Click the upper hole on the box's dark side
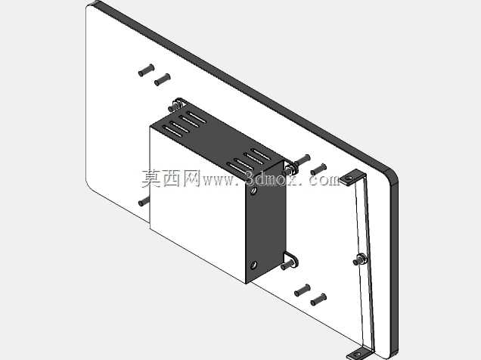click(x=253, y=191)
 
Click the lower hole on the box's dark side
click(x=253, y=265)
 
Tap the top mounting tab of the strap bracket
click(x=352, y=178)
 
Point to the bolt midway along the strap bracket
click(x=359, y=259)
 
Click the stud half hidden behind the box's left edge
click(x=144, y=201)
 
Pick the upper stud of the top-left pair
click(x=146, y=70)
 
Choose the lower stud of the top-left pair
click(x=163, y=79)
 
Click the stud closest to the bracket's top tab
click(x=318, y=169)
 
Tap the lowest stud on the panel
click(x=318, y=299)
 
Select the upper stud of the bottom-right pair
click(x=303, y=290)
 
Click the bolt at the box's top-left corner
click(x=175, y=105)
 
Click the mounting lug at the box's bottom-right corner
click(x=290, y=261)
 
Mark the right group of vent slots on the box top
click(x=249, y=162)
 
